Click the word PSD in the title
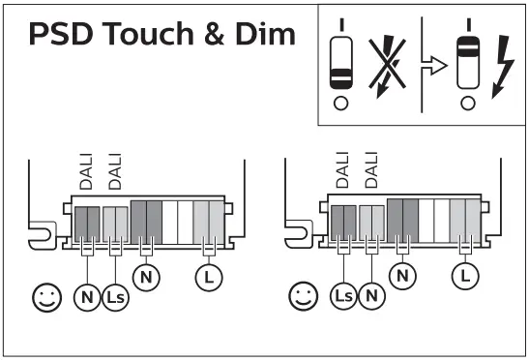60,35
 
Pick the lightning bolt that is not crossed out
502,65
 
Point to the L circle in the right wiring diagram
465,278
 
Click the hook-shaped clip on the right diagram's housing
299,233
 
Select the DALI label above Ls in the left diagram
113,171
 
